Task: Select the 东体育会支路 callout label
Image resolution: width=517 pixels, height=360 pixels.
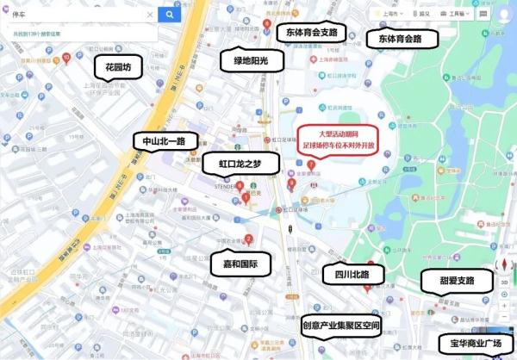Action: [310, 33]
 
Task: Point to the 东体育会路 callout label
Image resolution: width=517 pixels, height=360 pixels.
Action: [394, 39]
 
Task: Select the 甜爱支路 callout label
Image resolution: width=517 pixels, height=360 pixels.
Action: [447, 281]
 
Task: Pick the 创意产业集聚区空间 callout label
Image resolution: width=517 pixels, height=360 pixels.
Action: [341, 326]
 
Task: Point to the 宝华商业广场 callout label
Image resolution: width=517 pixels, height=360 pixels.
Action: [470, 344]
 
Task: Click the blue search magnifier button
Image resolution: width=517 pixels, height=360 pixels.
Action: [170, 15]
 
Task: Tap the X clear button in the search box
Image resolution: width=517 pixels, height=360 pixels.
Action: [150, 15]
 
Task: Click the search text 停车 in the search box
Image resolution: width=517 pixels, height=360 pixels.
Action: [19, 15]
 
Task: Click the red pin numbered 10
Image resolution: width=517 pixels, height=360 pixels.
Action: [66, 58]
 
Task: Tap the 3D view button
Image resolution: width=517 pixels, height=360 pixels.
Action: [505, 282]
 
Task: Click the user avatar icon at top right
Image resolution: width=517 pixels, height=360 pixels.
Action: [506, 15]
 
